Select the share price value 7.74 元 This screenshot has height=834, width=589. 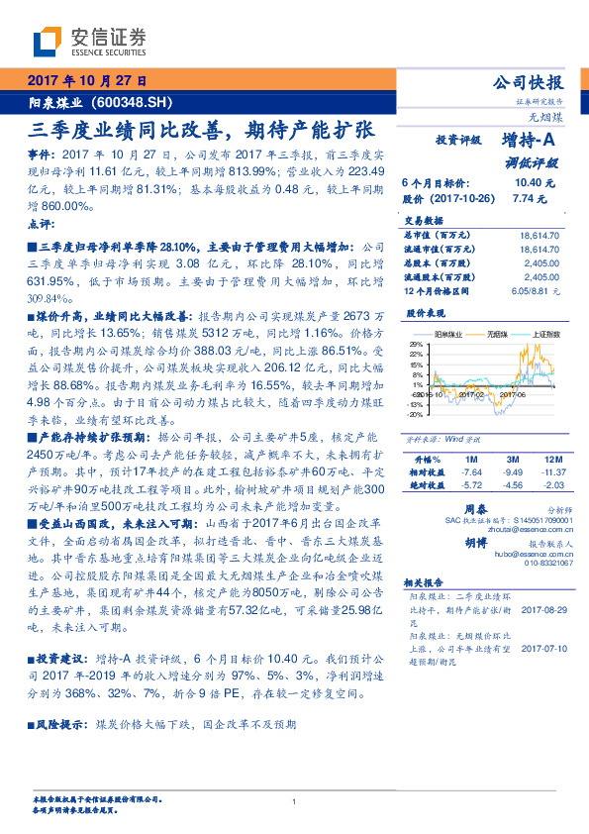click(527, 198)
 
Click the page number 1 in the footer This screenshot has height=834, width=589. click(295, 802)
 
